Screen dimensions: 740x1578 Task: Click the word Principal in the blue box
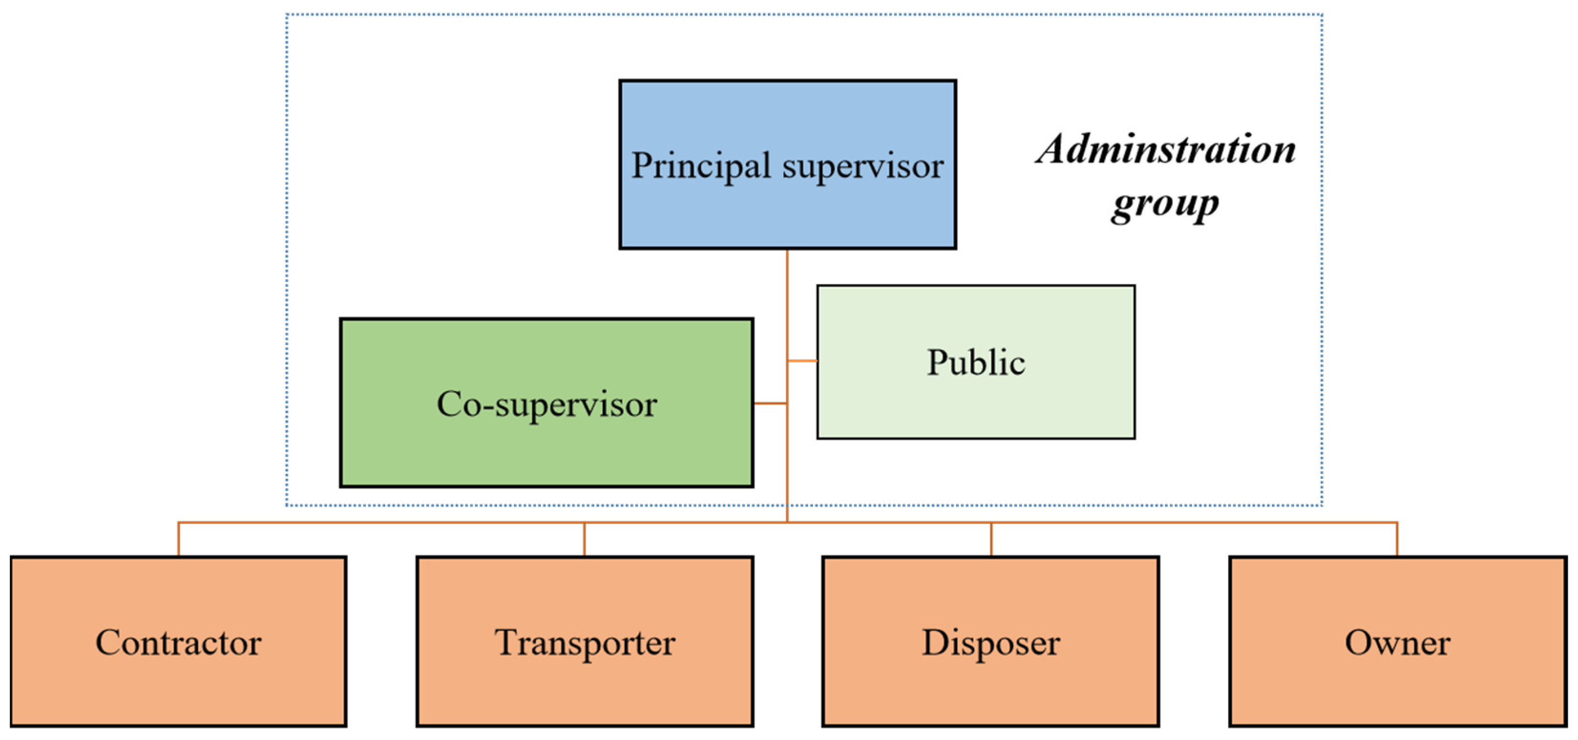[x=700, y=166]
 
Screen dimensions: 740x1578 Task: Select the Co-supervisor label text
[x=547, y=404]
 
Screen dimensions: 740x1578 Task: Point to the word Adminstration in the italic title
[x=1165, y=149]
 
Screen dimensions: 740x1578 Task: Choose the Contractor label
[x=178, y=643]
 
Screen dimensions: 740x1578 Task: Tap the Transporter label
[x=585, y=643]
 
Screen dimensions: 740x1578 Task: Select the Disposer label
[x=990, y=643]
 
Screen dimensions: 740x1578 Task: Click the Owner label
[x=1397, y=643]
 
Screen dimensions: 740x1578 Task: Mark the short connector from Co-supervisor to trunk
[x=770, y=403]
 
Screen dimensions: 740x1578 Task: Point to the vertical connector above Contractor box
[x=178, y=539]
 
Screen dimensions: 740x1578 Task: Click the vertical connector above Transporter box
[x=584, y=539]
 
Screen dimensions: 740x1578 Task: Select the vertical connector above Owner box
[x=1397, y=539]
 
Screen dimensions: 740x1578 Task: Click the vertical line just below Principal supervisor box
[x=787, y=270]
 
